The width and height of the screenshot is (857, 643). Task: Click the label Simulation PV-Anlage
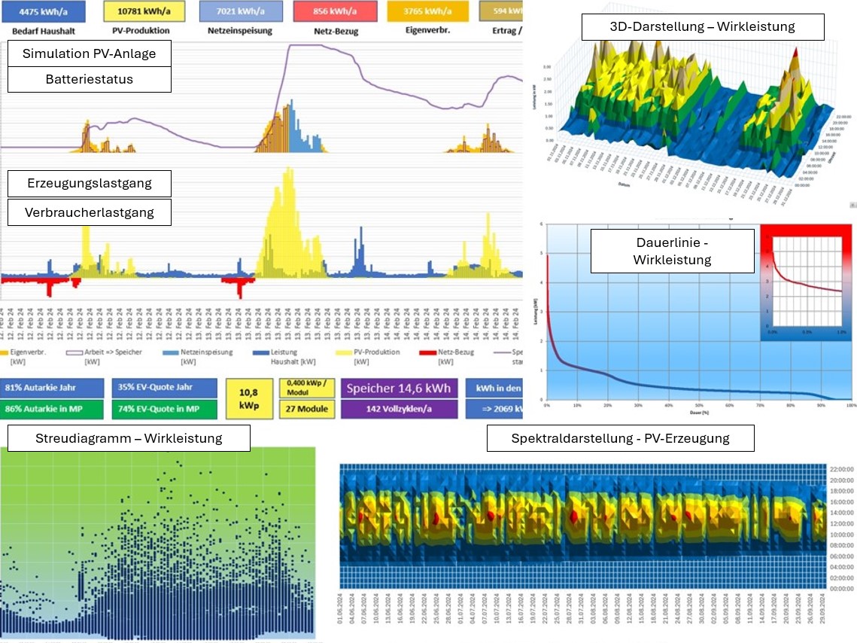pyautogui.click(x=90, y=53)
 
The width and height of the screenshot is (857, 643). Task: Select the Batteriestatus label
pyautogui.click(x=90, y=79)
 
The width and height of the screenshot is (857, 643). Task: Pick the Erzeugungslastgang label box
pyautogui.click(x=90, y=183)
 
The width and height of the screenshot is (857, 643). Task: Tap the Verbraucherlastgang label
pyautogui.click(x=90, y=212)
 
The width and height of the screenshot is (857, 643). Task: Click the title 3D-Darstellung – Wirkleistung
pyautogui.click(x=703, y=27)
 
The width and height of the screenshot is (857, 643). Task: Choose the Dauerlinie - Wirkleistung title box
pyautogui.click(x=672, y=251)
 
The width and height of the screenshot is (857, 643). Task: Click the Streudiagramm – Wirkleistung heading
pyautogui.click(x=128, y=438)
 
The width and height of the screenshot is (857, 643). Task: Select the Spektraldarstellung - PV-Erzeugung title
pyautogui.click(x=620, y=438)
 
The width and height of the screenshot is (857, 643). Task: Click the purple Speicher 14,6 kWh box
pyautogui.click(x=399, y=388)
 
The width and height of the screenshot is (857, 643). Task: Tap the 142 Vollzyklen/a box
pyautogui.click(x=399, y=409)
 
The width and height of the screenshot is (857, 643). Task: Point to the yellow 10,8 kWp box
pyautogui.click(x=249, y=398)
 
